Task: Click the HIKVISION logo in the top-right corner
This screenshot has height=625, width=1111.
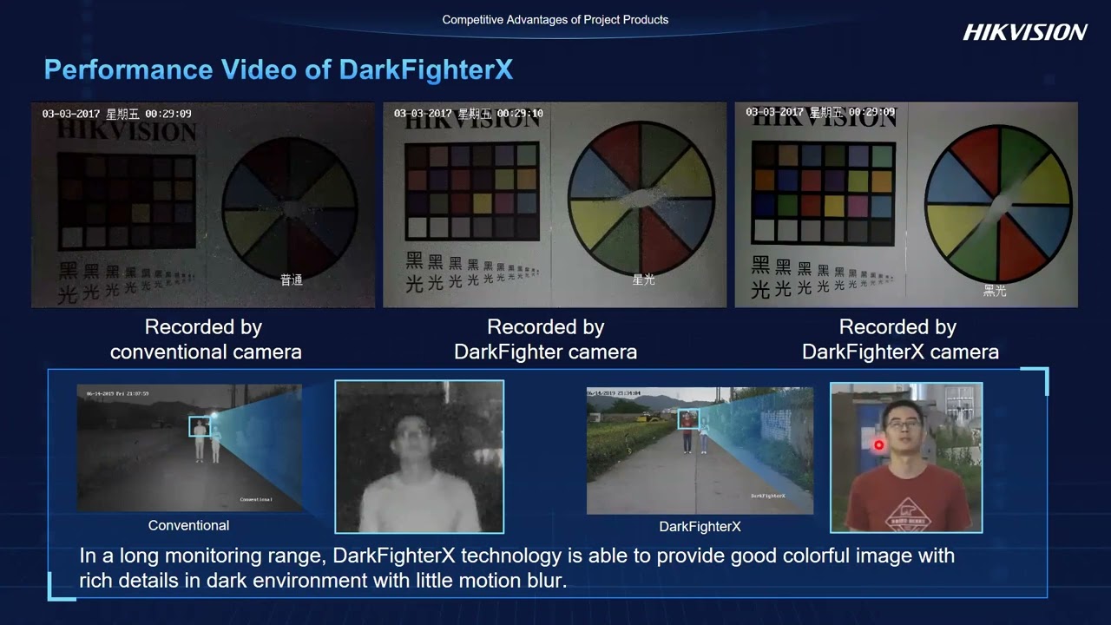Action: [x=1024, y=32]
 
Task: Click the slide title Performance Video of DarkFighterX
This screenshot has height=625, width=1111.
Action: [x=278, y=69]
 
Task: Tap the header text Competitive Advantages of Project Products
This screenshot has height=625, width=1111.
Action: [x=555, y=19]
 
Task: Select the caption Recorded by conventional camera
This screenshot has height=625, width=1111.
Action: [x=206, y=339]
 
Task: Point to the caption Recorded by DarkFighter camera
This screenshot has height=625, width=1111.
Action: [x=545, y=339]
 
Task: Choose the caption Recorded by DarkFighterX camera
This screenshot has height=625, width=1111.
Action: [x=899, y=339]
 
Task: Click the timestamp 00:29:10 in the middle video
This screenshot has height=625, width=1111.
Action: [x=522, y=114]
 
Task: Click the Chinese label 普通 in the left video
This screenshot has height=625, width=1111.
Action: [x=291, y=280]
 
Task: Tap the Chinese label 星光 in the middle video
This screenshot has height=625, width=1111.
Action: [x=643, y=280]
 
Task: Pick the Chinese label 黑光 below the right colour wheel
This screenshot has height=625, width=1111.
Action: [x=995, y=291]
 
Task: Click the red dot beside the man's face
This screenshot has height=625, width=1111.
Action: [x=878, y=445]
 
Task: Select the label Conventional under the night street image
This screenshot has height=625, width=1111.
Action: [x=188, y=525]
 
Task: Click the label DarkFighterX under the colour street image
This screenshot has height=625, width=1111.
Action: [x=700, y=526]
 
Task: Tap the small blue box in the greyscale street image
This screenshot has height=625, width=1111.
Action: [x=200, y=425]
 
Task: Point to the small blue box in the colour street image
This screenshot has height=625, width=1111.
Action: [x=688, y=419]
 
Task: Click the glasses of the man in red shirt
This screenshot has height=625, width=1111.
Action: [x=904, y=426]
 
